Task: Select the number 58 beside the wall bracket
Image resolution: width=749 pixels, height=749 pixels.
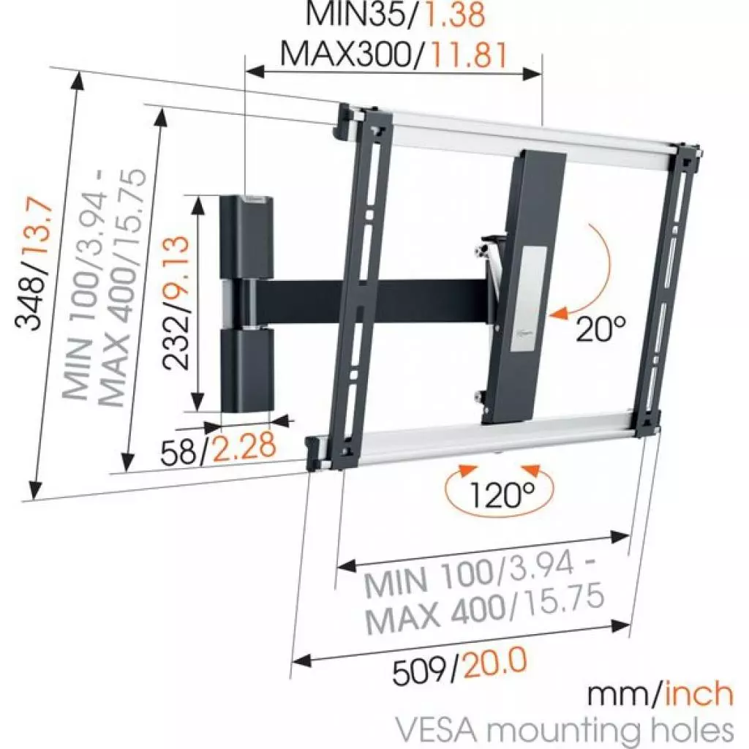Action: pos(178,451)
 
